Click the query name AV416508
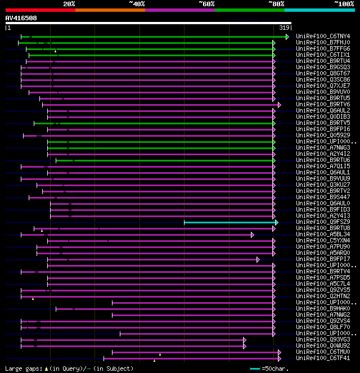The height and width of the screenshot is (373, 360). pyautogui.click(x=21, y=18)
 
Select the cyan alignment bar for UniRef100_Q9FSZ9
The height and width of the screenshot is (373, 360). pyautogui.click(x=229, y=222)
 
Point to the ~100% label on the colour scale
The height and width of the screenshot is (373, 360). pyautogui.click(x=344, y=4)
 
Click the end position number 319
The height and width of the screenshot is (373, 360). pyautogui.click(x=284, y=27)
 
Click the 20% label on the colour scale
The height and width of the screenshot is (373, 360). pyautogui.click(x=69, y=4)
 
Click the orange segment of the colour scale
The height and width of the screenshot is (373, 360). pyautogui.click(x=110, y=10)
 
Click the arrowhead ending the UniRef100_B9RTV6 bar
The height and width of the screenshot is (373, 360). pyautogui.click(x=280, y=105)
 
